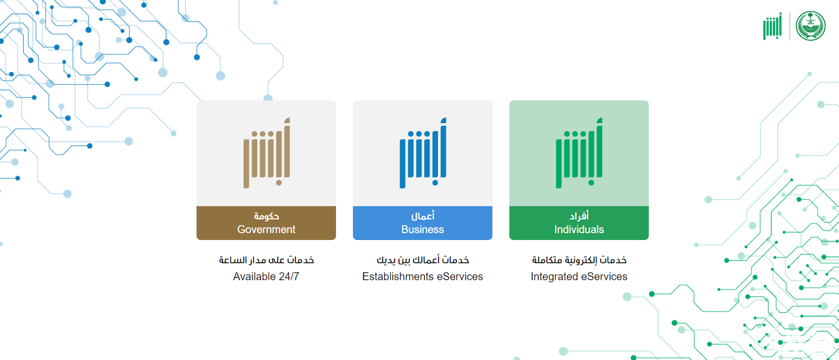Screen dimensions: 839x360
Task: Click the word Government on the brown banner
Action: pyautogui.click(x=266, y=229)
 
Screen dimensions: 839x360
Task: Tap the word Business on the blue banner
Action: pyautogui.click(x=423, y=229)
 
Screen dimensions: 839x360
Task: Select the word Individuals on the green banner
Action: pyautogui.click(x=579, y=229)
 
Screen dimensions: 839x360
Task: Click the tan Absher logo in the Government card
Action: pyautogui.click(x=267, y=153)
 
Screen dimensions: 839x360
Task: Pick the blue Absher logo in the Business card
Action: pyautogui.click(x=423, y=153)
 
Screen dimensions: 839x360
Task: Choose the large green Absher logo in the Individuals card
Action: pyautogui.click(x=580, y=153)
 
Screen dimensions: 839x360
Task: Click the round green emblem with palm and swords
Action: pyautogui.click(x=811, y=26)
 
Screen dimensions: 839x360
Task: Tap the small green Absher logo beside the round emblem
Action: pyautogui.click(x=773, y=26)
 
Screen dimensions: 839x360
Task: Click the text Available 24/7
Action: pyautogui.click(x=266, y=276)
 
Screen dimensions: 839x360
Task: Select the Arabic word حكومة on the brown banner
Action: pyautogui.click(x=266, y=216)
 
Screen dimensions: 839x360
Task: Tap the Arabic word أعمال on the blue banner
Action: pyautogui.click(x=423, y=216)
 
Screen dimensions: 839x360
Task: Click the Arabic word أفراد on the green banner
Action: pyautogui.click(x=579, y=216)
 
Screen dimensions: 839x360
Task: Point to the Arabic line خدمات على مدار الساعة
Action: pyautogui.click(x=266, y=260)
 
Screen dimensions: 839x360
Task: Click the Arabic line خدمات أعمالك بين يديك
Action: pyautogui.click(x=423, y=260)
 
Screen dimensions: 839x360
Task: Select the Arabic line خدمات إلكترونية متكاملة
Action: pyautogui.click(x=579, y=260)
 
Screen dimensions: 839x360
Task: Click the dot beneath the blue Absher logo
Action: pyautogui.click(x=435, y=183)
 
